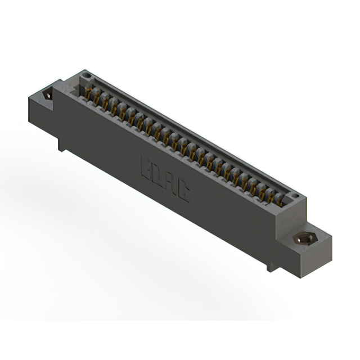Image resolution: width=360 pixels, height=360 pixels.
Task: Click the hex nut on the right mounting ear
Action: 303,239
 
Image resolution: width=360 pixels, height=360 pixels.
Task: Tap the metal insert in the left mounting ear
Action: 48,96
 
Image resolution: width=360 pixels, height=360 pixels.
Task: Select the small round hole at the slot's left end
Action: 85,76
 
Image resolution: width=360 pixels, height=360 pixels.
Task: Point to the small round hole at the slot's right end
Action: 293,197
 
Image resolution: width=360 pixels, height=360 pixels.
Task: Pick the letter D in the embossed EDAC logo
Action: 158,175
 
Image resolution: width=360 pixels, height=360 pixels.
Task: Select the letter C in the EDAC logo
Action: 183,193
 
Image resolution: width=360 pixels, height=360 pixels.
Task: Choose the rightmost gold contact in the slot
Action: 279,199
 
